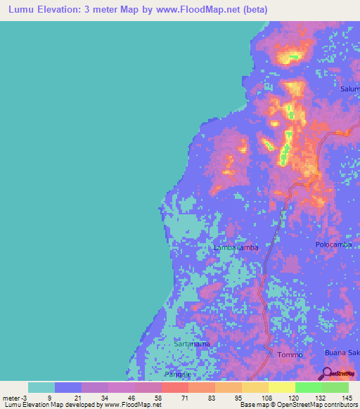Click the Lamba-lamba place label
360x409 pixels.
click(236, 248)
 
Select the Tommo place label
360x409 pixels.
click(290, 355)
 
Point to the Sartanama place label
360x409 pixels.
click(192, 344)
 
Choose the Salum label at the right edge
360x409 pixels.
click(349, 89)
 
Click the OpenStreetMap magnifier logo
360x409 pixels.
click(327, 373)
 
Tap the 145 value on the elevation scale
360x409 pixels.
click(347, 397)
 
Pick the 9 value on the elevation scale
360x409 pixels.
click(49, 397)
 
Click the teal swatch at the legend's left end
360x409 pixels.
click(41, 387)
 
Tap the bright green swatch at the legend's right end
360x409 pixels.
click(335, 387)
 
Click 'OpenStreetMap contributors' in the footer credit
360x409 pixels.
click(317, 405)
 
